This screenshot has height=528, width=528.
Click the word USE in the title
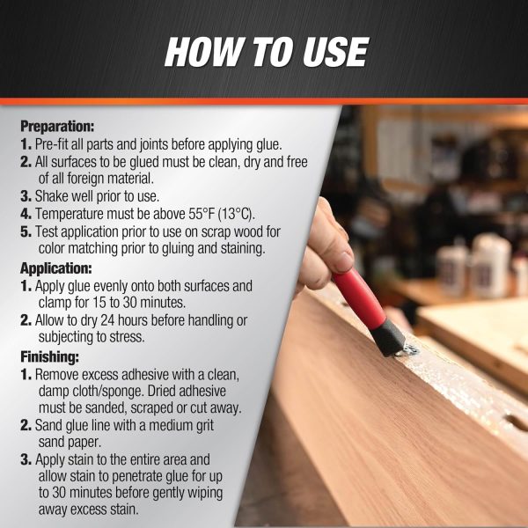click(x=335, y=52)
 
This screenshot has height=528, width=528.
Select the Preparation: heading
click(x=57, y=126)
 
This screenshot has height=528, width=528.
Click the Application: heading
click(x=56, y=268)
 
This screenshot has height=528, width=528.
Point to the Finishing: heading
click(x=50, y=356)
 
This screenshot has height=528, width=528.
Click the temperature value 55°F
click(x=202, y=214)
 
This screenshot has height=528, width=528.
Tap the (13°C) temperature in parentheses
click(x=237, y=214)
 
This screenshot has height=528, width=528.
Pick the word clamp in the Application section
click(x=55, y=303)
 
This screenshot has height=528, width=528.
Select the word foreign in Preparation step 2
click(x=85, y=179)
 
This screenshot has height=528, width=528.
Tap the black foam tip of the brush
click(x=389, y=337)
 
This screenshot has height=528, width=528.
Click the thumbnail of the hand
click(x=343, y=261)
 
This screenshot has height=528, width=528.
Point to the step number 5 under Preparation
click(x=26, y=231)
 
